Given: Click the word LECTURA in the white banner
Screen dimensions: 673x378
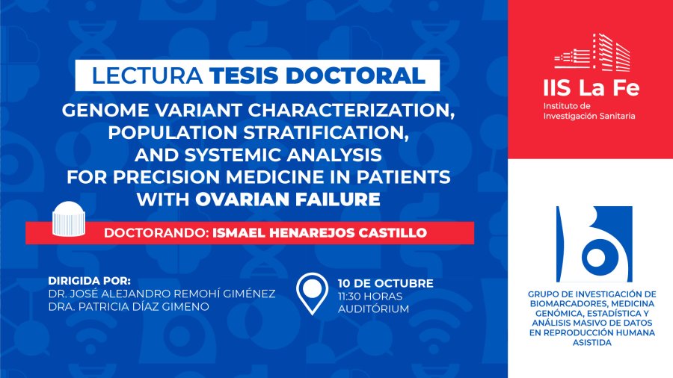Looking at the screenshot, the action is coord(147,76).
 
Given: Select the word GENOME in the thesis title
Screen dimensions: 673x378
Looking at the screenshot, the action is coord(105,110).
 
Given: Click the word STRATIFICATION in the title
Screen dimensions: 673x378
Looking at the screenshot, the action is coord(325,132).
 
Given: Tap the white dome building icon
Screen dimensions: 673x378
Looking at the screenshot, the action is coord(69,219).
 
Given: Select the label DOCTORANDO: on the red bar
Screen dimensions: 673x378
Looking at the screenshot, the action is coord(156,233).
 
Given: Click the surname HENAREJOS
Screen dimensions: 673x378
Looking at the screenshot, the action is coord(283,233).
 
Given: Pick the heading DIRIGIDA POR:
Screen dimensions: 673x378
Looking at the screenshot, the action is coord(89,281).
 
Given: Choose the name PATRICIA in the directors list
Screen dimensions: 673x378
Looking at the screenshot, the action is coord(99,307).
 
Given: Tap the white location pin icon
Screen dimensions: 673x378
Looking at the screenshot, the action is coord(312,294).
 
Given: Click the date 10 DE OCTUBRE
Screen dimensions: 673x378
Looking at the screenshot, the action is coord(385,283).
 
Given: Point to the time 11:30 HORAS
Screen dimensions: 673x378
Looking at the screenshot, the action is coord(370,296).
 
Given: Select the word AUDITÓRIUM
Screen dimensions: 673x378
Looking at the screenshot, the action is coord(373,309).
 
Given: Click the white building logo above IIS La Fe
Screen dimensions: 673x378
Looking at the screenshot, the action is coord(592,52).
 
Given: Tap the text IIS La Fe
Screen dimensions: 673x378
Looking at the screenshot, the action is coord(591,88).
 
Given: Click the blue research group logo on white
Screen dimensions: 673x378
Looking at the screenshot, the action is coord(594,244).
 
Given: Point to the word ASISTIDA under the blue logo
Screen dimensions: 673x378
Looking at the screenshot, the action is coord(592,342).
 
